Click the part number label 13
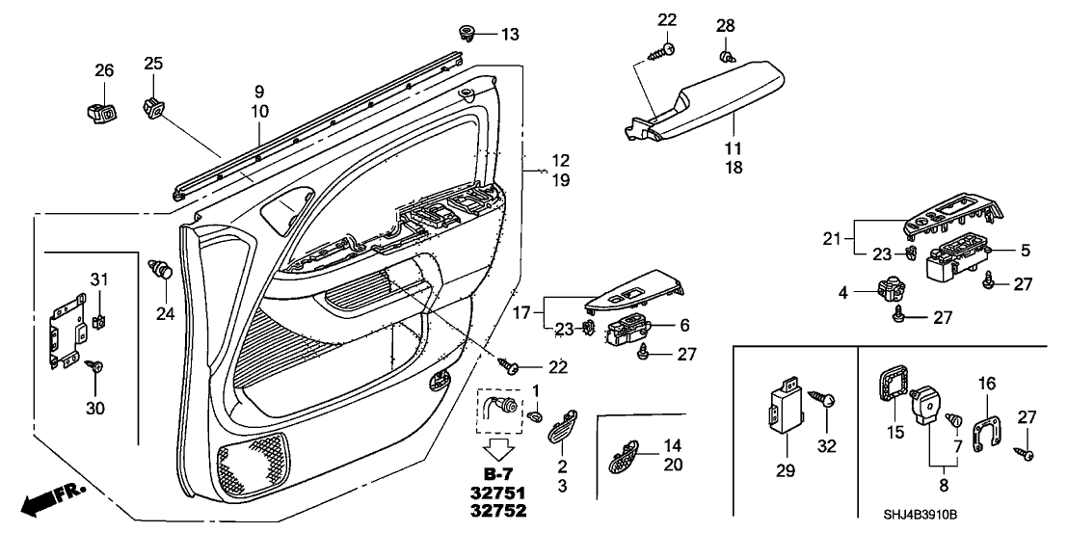click(x=509, y=35)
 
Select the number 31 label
click(x=98, y=280)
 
